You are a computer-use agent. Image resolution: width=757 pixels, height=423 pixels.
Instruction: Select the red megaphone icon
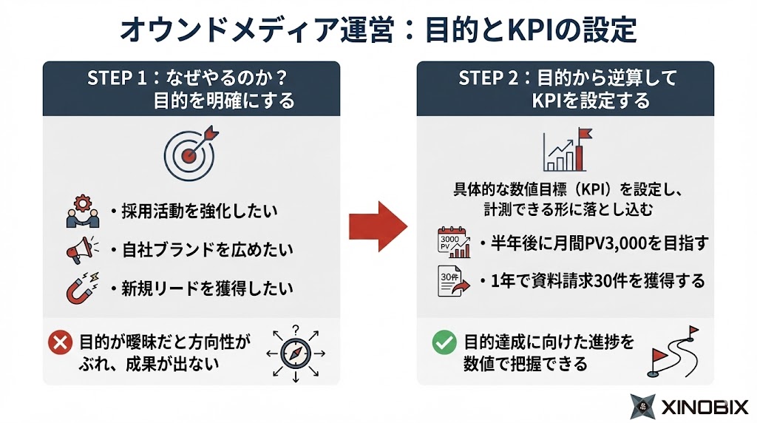(79, 251)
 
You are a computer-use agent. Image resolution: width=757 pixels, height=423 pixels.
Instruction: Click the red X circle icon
(58, 342)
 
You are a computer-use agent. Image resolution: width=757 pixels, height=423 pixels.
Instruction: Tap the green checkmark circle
(443, 342)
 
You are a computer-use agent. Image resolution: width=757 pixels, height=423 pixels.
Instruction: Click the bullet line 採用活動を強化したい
(196, 211)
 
